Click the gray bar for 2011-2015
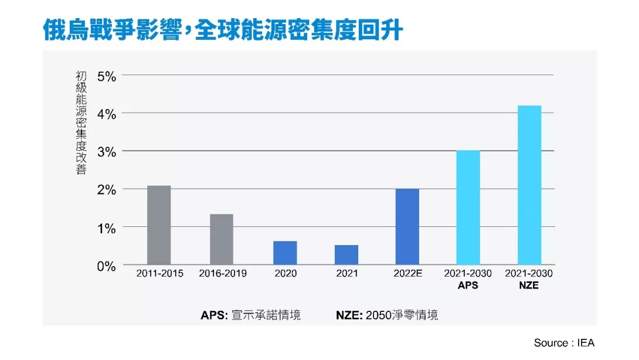click(159, 225)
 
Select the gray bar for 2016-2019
click(221, 239)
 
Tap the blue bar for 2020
click(285, 253)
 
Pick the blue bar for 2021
click(346, 255)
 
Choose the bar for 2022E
click(407, 226)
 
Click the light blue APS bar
click(468, 208)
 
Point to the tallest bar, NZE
click(529, 185)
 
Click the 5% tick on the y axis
click(106, 76)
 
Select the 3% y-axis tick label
click(106, 152)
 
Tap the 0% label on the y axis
click(106, 266)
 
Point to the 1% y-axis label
click(106, 228)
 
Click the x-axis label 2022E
click(407, 274)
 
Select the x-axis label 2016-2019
click(223, 274)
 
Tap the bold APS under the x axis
click(468, 286)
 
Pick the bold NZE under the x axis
click(529, 286)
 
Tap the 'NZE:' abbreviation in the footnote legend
click(349, 315)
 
